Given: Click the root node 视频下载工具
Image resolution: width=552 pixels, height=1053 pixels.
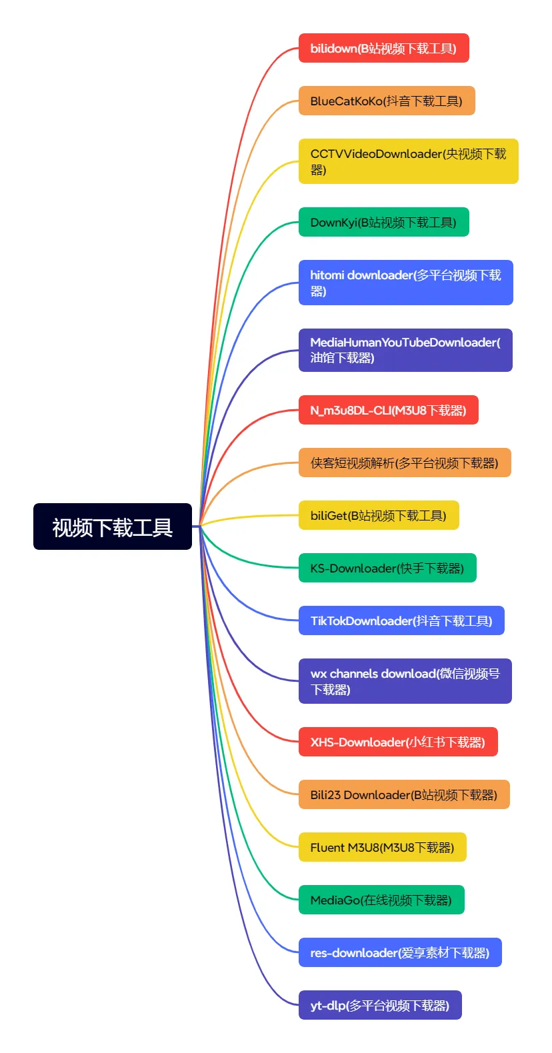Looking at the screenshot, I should coord(113,526).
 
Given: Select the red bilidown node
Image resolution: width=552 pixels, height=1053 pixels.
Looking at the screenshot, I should coord(383,48).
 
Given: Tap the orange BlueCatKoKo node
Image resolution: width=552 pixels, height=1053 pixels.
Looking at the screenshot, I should coord(386,101).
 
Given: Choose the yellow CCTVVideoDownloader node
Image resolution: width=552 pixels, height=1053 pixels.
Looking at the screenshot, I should coord(408,161).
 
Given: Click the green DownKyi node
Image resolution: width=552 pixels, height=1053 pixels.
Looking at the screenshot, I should coord(383,222).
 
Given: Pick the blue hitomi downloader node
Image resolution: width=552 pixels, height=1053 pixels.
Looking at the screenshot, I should coord(405,283).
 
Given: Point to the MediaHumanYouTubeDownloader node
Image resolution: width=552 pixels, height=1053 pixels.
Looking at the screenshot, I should coord(405,350).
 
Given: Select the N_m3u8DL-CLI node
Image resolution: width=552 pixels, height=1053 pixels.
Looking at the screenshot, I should coord(388,410).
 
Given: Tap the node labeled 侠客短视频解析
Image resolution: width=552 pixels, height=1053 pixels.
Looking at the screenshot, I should coord(404,463).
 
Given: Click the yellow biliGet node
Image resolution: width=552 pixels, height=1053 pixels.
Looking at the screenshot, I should coord(379,515).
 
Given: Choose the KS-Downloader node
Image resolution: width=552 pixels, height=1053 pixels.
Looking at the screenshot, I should coord(387,568).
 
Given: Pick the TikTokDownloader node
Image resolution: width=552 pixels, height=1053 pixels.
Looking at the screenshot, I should coord(401,620).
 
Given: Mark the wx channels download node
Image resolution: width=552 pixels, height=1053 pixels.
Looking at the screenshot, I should coord(405,681).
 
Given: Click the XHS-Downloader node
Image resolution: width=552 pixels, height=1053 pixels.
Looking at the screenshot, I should coord(397,742).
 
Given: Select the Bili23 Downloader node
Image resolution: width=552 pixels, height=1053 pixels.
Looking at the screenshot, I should coord(403,794).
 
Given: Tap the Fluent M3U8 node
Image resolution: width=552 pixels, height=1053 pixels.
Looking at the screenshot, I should coord(382,847).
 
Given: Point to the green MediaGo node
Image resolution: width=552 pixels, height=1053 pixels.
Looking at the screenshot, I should coord(381,900).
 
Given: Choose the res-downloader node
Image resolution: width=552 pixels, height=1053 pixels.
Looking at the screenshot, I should coord(399,952).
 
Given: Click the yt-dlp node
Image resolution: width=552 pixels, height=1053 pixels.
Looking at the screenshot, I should coord(379,1005).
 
